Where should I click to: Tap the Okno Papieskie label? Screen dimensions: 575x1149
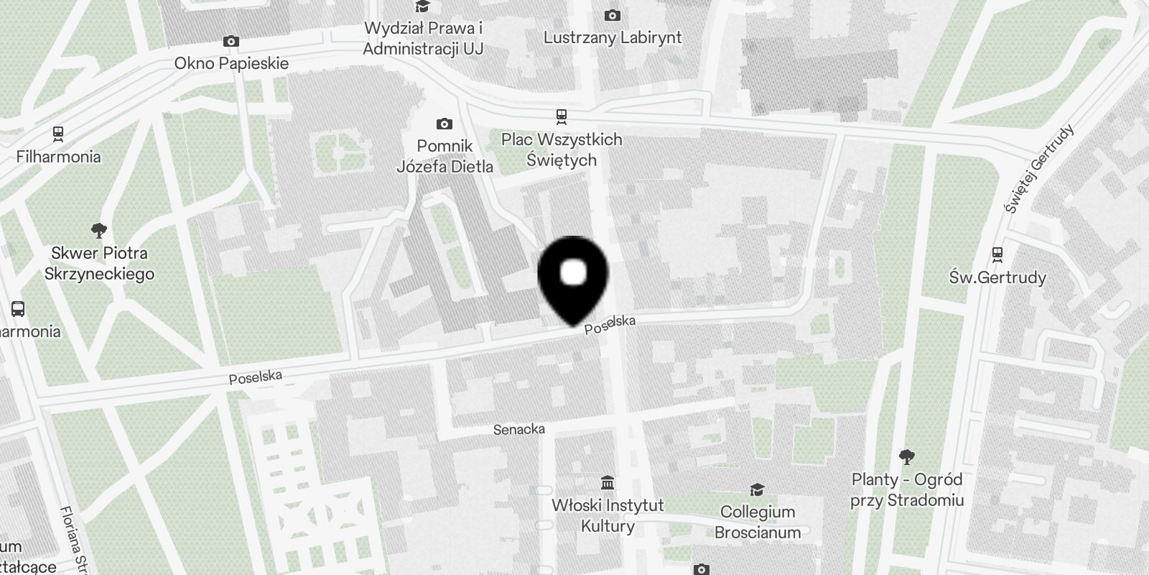click(x=231, y=63)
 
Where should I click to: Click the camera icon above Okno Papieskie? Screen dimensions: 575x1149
click(x=231, y=42)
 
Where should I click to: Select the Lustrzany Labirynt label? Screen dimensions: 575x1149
click(x=613, y=37)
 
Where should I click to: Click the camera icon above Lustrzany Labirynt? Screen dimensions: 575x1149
click(x=613, y=15)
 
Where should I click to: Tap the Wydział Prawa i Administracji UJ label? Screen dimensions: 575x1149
click(x=423, y=39)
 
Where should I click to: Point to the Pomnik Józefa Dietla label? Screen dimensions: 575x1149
click(x=445, y=156)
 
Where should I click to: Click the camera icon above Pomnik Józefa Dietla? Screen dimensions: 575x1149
click(x=445, y=124)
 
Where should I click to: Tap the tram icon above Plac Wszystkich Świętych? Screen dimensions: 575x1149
click(x=562, y=116)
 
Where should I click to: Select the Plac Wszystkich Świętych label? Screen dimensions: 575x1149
click(x=562, y=149)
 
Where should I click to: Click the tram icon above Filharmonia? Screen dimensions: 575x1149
click(x=58, y=134)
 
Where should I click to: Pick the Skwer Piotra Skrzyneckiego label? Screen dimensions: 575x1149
click(x=99, y=263)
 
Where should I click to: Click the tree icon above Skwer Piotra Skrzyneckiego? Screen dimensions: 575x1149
click(x=99, y=231)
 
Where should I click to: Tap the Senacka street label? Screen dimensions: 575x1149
click(x=519, y=429)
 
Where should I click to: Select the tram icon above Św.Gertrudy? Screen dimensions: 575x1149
click(x=997, y=254)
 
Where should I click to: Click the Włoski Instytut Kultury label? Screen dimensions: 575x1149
click(x=608, y=515)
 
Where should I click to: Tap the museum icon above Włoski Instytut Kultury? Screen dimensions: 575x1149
click(x=608, y=482)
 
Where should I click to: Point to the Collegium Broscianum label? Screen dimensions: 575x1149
click(x=758, y=522)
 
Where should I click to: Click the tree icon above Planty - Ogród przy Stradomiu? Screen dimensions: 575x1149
click(x=907, y=456)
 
